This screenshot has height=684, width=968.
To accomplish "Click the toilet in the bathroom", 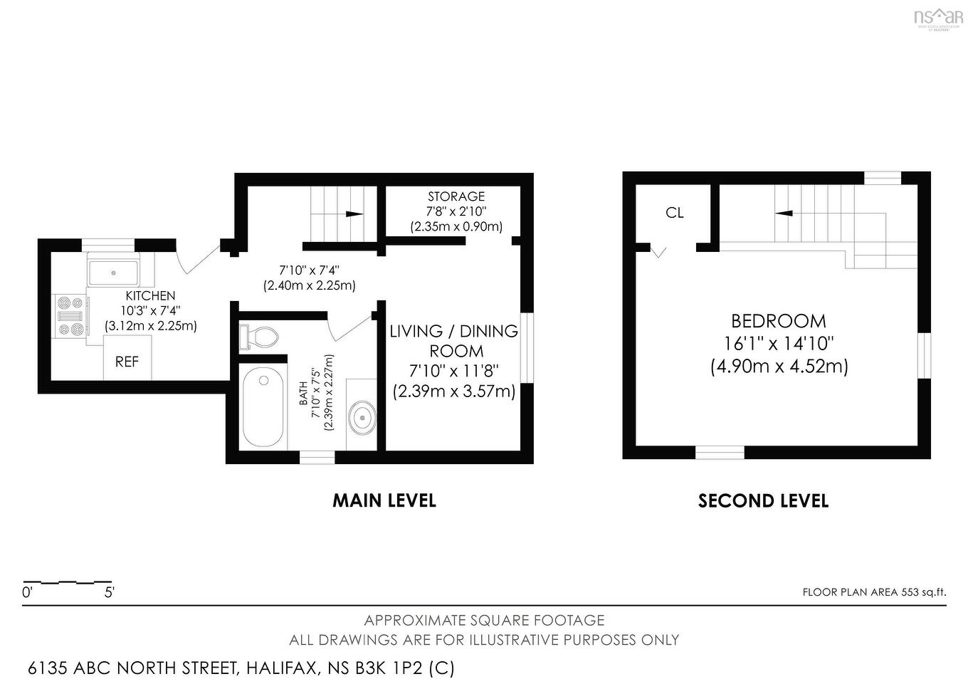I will point(258,337).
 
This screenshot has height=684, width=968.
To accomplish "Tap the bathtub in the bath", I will point(264,408).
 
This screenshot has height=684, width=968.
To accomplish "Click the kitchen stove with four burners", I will point(70,315).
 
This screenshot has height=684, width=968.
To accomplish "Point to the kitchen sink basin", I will point(113,272).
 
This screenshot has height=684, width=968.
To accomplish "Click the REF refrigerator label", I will point(127,362).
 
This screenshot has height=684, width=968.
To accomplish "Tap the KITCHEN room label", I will point(150,295).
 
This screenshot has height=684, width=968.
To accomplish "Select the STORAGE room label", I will point(456,196).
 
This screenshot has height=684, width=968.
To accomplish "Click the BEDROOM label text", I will point(779,321).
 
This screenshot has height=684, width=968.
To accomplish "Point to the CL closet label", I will point(675,213).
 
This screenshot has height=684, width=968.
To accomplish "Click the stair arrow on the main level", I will point(352,214).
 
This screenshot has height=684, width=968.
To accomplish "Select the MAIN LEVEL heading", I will point(384,500).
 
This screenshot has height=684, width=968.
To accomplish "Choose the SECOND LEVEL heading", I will point(763,501).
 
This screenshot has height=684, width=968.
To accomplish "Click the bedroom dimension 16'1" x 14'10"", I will point(779,344).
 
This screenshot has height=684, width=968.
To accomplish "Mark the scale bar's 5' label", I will point(110,591).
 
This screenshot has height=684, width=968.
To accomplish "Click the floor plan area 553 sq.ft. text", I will point(874,592).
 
